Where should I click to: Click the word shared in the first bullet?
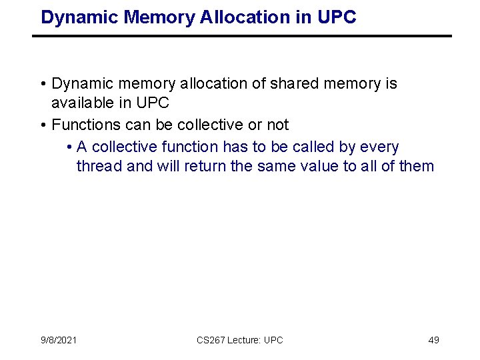pos(293,84)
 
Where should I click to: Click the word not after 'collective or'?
pos(277,125)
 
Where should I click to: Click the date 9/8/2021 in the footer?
pos(59,340)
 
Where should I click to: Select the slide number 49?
pos(433,340)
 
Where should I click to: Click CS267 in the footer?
pos(211,340)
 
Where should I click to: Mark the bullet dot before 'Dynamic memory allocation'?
pos(42,85)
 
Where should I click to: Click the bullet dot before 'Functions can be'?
pos(42,125)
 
